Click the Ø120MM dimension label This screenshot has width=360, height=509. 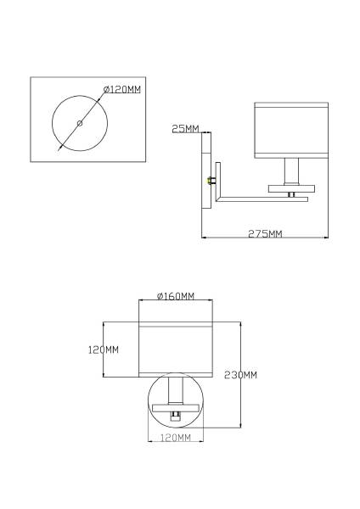[121, 89]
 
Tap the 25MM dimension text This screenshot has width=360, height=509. [184, 129]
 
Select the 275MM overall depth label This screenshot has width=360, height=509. [265, 234]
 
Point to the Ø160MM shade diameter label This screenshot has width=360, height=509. [176, 296]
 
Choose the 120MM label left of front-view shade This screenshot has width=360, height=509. [104, 350]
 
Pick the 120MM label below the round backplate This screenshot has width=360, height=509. [176, 438]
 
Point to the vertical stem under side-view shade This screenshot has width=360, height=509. [291, 171]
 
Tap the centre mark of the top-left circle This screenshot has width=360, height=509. [80, 124]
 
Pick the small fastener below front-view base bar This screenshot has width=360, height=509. [176, 415]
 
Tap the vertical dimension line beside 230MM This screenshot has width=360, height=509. [242, 399]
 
